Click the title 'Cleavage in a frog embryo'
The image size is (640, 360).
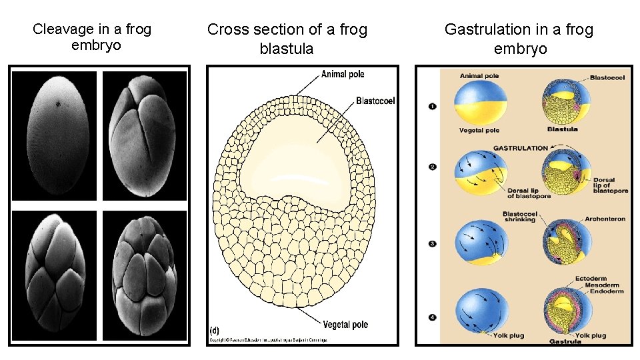click(92, 37)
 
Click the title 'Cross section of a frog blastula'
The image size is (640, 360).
click(287, 39)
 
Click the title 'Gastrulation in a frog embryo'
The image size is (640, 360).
click(519, 39)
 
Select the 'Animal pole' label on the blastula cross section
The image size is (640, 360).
click(343, 74)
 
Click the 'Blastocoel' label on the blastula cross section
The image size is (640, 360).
click(376, 101)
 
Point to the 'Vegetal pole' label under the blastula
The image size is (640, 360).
click(345, 325)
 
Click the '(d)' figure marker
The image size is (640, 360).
click(215, 330)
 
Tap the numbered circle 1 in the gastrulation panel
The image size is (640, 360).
click(432, 106)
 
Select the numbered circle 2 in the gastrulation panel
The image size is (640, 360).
click(432, 167)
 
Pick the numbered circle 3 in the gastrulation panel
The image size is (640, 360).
click(432, 244)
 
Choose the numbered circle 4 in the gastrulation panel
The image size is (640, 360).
click(432, 317)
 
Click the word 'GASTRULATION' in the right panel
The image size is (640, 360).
click(521, 148)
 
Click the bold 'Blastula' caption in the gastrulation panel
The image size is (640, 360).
click(562, 129)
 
